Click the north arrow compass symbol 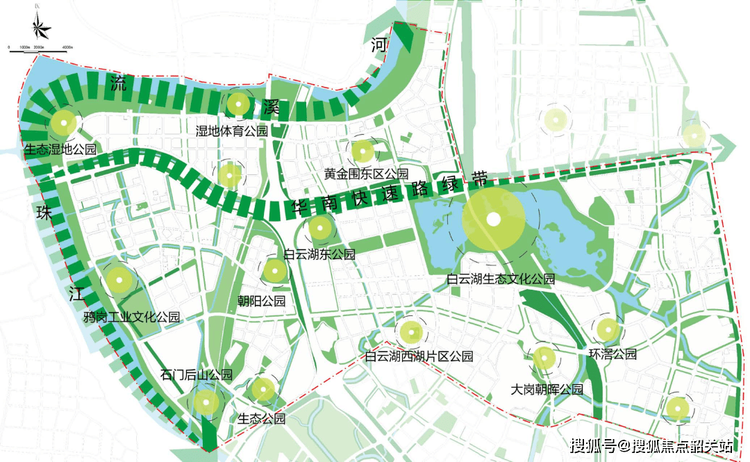pos(41,26)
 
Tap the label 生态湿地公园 pos(60,149)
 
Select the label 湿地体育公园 pos(231,131)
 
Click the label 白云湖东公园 pos(319,254)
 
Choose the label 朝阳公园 pos(261,301)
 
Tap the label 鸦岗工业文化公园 pos(131,317)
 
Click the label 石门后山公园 pos(196,375)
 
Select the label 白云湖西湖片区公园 pos(419,356)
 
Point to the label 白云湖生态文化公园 pos(501,279)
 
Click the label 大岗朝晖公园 pos(547,390)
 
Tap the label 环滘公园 pos(612,354)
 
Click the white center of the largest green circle pos(493,220)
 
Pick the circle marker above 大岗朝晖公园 pos(544,359)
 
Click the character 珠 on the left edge pos(44,213)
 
